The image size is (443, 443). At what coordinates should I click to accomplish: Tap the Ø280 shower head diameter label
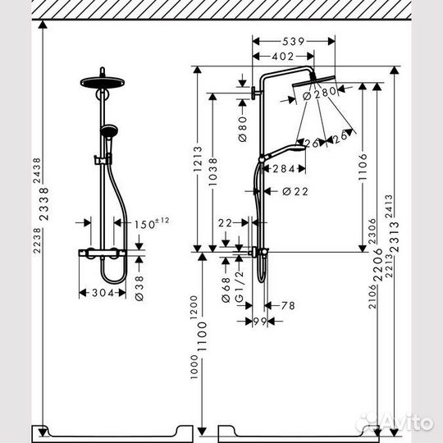320,94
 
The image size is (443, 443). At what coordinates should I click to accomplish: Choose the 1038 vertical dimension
213,171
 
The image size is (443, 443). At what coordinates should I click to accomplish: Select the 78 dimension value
287,305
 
